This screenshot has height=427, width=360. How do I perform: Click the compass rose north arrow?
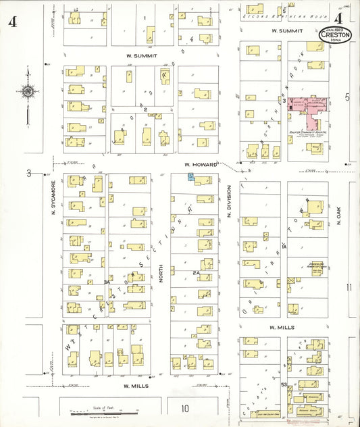coord(28,92)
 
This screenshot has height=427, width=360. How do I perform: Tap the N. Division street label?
coord(229,199)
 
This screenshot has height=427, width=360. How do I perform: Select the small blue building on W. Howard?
coord(191,176)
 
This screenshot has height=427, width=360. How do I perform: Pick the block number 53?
coord(285,384)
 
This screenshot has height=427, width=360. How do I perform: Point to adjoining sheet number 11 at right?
coord(349,288)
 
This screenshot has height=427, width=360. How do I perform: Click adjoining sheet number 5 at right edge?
coord(348,97)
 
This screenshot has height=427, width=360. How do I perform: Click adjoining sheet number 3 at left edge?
coord(29,173)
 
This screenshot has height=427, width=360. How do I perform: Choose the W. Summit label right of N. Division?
coord(285,31)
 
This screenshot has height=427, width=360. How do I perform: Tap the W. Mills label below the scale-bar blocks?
coord(135,385)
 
